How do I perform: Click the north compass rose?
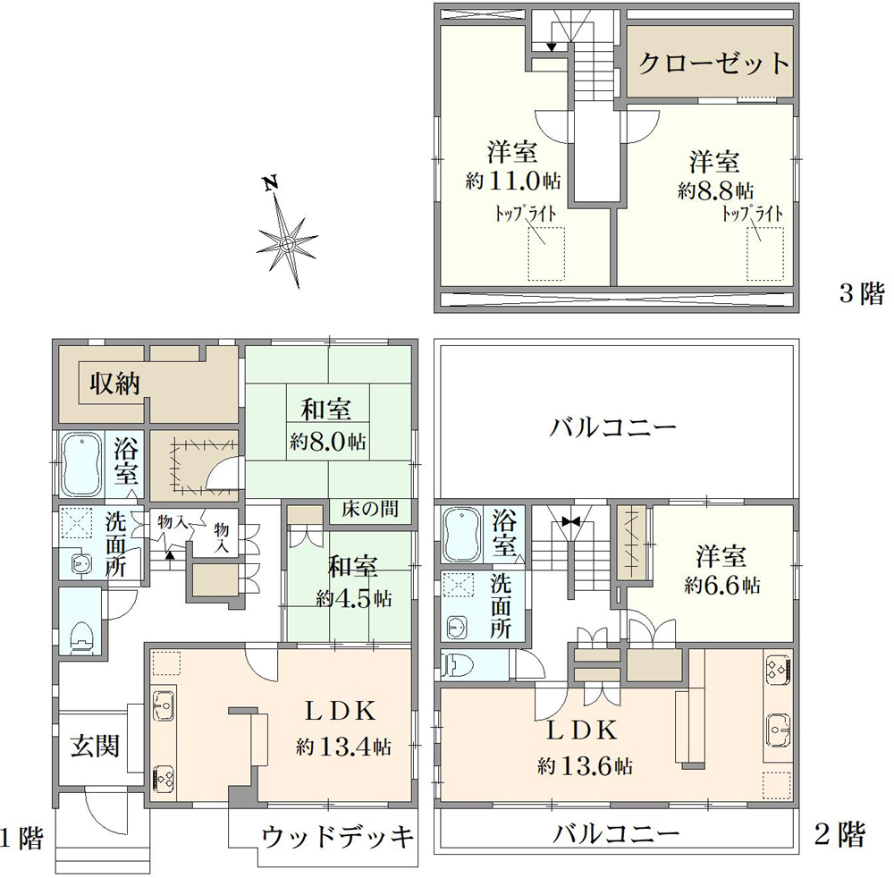click(287, 241)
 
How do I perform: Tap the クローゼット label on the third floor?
click(714, 63)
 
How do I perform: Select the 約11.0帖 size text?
click(513, 181)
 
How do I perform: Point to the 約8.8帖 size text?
click(715, 190)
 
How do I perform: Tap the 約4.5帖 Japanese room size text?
click(353, 599)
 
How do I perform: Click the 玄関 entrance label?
click(96, 744)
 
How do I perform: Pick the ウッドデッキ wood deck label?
click(338, 838)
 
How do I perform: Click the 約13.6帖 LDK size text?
click(586, 766)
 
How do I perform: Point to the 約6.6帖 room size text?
click(722, 587)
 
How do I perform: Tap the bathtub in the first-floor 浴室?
click(80, 465)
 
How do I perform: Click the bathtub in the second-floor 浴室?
click(463, 533)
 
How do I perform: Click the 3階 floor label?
click(860, 293)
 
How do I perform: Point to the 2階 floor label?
click(840, 835)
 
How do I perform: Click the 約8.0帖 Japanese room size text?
click(328, 442)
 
